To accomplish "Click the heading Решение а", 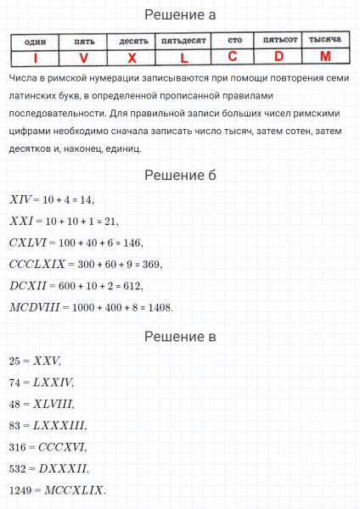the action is click(179, 14).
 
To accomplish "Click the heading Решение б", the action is click(179, 175).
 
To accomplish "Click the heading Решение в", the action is click(179, 337).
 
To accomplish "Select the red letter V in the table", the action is click(83, 58).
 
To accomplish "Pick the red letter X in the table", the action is click(132, 58).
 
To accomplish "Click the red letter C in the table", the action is click(233, 57).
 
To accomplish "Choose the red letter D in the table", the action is click(278, 57).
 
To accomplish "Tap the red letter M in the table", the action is click(325, 57).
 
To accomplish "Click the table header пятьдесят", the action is click(184, 41).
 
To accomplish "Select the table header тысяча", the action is click(325, 40).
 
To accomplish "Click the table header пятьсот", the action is click(278, 40).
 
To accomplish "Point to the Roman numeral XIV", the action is click(20, 200).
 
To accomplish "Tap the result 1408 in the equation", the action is click(159, 307).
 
